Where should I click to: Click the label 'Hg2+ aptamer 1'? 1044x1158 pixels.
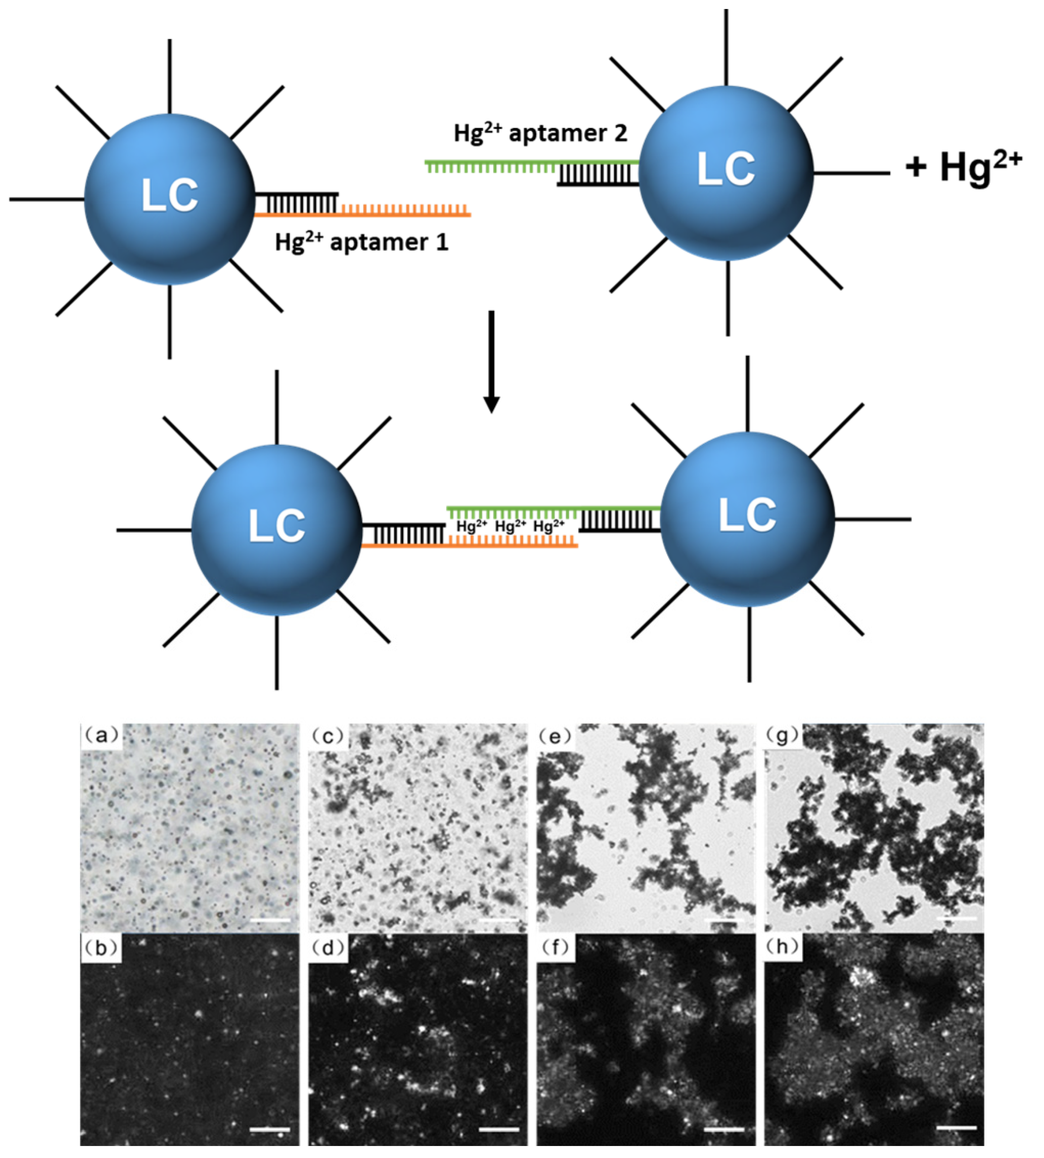click(361, 242)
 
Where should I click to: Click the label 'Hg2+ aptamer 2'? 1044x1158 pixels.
click(540, 133)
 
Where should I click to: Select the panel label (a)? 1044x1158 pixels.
click(102, 735)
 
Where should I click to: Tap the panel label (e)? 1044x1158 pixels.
click(556, 735)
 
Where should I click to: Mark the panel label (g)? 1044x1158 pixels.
click(784, 735)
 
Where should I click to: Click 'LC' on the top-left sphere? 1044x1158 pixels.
click(170, 196)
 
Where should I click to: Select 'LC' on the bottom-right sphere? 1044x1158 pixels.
click(748, 514)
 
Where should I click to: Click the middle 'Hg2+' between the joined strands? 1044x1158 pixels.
click(510, 526)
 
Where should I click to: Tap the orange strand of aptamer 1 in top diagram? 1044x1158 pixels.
click(405, 214)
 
